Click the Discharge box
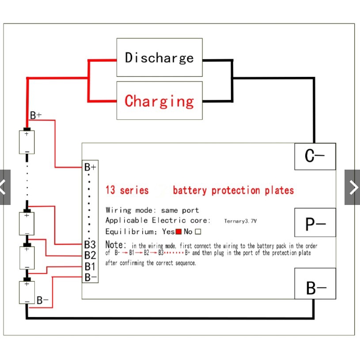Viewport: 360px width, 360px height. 159,57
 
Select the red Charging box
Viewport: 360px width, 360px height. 159,101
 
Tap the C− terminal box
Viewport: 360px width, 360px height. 315,156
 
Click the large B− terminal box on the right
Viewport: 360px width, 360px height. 315,288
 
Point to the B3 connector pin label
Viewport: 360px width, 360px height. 90,244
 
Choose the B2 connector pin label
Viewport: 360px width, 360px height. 90,255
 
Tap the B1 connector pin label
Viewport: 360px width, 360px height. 90,266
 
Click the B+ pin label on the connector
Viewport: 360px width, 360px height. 90,167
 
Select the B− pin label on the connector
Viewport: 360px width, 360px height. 90,277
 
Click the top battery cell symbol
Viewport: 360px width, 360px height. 27,142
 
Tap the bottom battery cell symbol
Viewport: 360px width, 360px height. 27,292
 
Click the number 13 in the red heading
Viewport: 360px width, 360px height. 110,190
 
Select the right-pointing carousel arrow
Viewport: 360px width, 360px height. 352,187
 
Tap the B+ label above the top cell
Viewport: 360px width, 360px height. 36,116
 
